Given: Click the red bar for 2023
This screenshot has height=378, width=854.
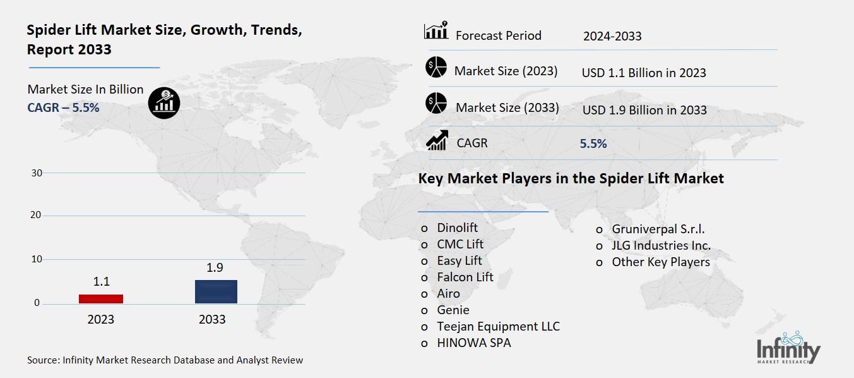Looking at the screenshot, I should (x=101, y=298).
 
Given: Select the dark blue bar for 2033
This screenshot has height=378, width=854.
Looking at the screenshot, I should (x=216, y=291).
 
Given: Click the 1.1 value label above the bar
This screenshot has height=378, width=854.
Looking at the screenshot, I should (x=101, y=282).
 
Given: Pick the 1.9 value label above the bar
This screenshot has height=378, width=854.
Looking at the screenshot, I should (x=215, y=267).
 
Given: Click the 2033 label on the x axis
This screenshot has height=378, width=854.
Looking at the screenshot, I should (x=212, y=319).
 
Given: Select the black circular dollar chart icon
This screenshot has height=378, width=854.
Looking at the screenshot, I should (x=164, y=102).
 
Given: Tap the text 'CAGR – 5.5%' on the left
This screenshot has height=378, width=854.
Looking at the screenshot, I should (x=63, y=107).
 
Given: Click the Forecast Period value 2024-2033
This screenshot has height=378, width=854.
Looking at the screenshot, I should (x=612, y=36).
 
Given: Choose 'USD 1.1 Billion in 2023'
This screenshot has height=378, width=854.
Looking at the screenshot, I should (x=644, y=73).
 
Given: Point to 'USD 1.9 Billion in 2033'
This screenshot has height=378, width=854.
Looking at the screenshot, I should (x=644, y=110).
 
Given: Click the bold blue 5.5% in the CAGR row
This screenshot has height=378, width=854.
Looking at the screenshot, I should (x=593, y=143).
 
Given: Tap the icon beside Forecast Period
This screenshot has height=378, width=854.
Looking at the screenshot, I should (x=436, y=31).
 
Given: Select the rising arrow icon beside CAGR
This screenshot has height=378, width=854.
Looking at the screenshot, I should (x=437, y=140).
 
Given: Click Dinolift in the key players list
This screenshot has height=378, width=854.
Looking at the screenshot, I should (x=458, y=228).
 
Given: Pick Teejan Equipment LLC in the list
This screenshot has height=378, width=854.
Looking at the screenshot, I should (x=498, y=327).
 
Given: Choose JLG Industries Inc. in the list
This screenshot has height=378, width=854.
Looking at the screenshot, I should (x=661, y=245).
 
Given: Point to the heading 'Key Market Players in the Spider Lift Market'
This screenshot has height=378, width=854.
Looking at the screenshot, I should (x=571, y=179).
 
